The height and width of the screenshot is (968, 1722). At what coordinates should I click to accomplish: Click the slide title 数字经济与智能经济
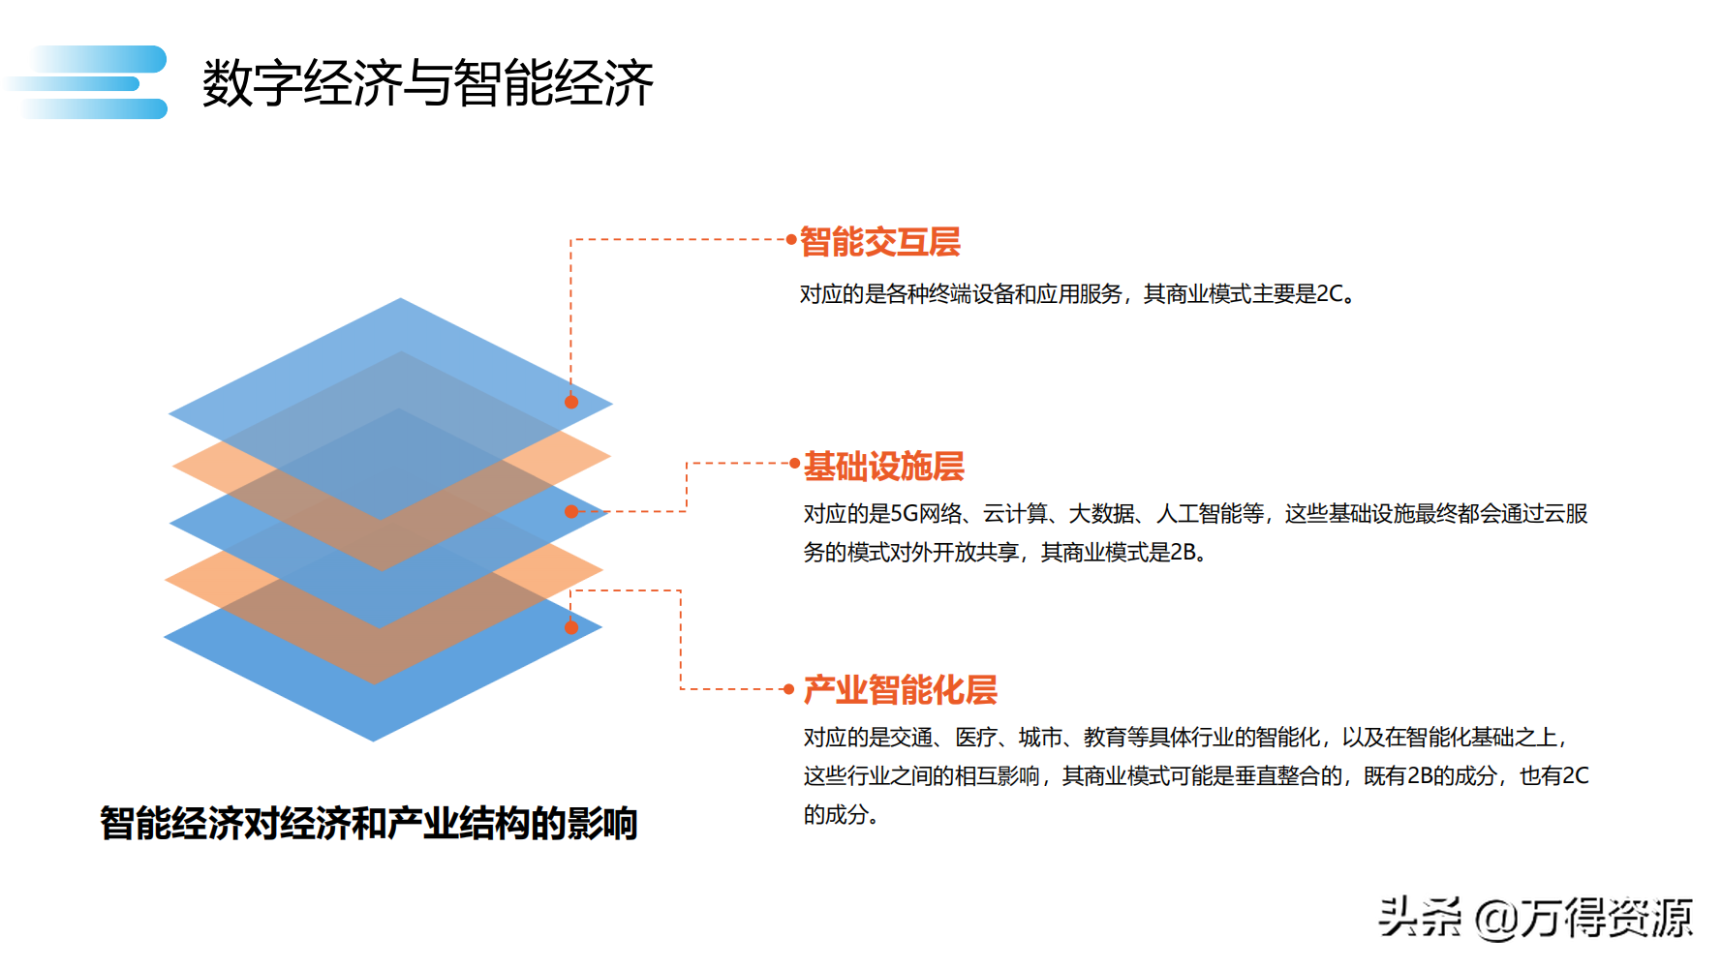click(427, 82)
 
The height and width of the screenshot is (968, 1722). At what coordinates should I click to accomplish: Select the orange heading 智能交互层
click(879, 242)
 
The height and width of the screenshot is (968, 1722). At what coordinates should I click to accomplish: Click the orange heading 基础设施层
click(883, 467)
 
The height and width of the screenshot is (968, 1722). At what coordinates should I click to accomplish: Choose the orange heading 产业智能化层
click(900, 690)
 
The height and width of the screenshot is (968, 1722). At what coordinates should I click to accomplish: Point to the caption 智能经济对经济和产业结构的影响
click(368, 824)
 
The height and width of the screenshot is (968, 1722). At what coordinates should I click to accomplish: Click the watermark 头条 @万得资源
click(1535, 917)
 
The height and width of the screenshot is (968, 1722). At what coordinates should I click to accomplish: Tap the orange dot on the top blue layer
click(571, 402)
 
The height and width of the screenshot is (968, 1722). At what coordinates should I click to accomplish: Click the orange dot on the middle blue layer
click(571, 511)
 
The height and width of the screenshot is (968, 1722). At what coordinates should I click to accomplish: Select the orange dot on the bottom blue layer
click(571, 627)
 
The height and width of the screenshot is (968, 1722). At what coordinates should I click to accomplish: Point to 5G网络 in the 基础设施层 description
click(927, 514)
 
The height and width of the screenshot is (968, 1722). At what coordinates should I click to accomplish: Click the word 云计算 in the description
click(1015, 514)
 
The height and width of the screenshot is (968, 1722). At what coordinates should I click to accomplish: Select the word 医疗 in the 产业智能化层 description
click(976, 738)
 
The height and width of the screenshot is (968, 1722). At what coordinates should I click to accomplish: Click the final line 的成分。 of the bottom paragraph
click(841, 815)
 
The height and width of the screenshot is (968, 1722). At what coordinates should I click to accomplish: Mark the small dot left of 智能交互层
click(792, 239)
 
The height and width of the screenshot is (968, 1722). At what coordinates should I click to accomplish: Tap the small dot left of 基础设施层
click(795, 464)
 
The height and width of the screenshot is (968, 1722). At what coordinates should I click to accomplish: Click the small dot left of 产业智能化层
click(789, 689)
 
